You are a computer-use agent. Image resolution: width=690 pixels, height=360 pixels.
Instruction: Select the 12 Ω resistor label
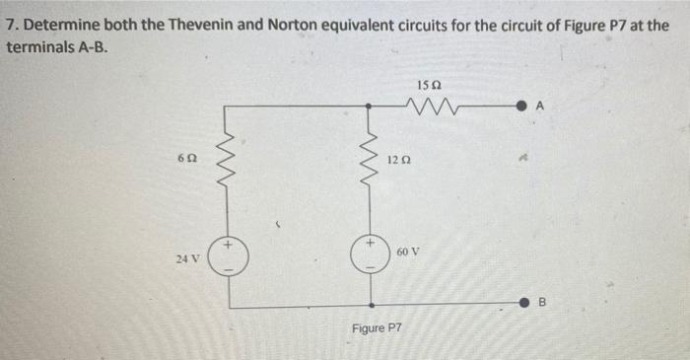click(x=397, y=160)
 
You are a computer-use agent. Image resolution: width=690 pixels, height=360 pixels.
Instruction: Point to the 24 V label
click(x=187, y=259)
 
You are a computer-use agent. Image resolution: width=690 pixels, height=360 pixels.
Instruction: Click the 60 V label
click(x=408, y=252)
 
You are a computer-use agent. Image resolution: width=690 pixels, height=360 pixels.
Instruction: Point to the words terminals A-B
click(x=62, y=45)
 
